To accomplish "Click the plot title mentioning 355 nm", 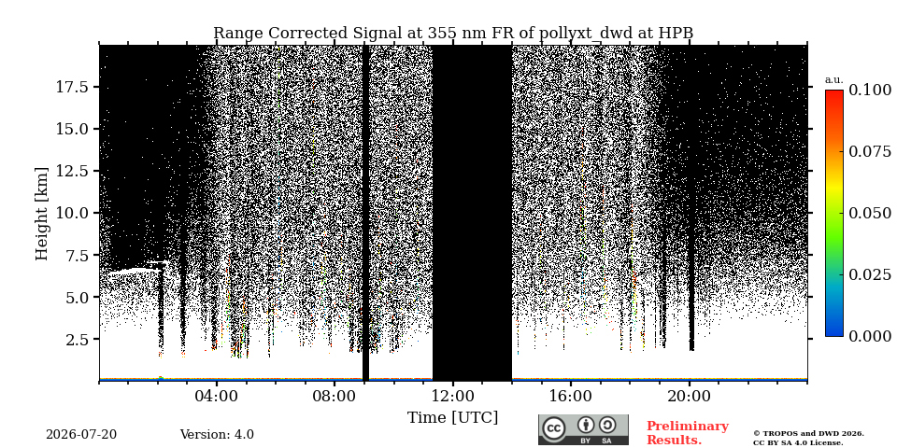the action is (453, 33).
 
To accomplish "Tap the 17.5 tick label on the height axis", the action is (71, 87).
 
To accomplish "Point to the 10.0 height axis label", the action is (71, 213).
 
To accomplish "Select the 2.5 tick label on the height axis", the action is (76, 340).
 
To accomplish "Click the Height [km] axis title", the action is (42, 214).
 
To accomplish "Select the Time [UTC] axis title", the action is (452, 418).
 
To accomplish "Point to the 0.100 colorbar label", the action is (870, 90).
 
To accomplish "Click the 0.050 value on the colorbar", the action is (870, 213).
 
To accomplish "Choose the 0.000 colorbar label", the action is (870, 336).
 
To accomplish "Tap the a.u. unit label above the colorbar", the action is (833, 80).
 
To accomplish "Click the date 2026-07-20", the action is (81, 435).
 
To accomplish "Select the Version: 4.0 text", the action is (217, 435).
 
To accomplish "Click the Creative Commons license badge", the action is (583, 429).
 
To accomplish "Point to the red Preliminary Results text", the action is (688, 433).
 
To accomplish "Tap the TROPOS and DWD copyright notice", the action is (808, 439).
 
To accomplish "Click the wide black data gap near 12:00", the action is (472, 213).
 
